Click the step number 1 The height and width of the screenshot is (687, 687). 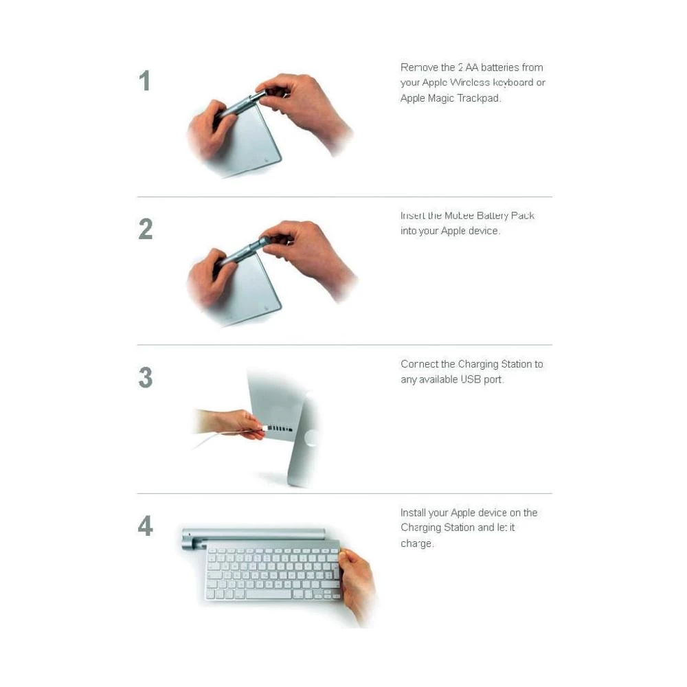coord(144,81)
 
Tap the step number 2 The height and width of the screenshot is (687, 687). coord(145,229)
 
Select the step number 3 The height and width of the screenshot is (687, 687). coord(145,378)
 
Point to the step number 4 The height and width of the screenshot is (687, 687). coord(145,526)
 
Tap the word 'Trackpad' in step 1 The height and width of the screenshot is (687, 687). coord(479,98)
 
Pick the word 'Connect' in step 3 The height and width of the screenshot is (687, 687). coord(419,364)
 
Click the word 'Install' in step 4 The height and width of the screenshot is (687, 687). coord(414,513)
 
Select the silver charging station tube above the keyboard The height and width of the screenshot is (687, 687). coord(254,534)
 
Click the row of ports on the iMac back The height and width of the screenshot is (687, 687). coord(280,429)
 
